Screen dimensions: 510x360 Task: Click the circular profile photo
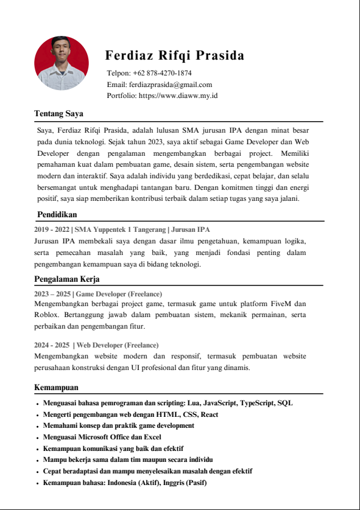[62, 63]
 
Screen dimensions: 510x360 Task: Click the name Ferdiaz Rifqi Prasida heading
[175, 56]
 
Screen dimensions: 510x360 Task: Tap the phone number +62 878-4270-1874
[157, 74]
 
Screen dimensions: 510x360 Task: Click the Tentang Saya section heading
[58, 114]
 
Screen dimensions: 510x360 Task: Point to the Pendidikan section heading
[57, 215]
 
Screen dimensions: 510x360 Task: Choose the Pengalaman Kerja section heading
[66, 279]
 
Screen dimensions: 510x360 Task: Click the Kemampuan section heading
[56, 388]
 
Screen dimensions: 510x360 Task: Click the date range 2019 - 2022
[52, 229]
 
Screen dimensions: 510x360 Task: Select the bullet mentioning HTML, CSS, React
[130, 414]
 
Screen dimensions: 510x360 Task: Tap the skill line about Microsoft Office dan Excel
[102, 437]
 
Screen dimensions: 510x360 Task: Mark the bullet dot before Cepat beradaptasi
[37, 472]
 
